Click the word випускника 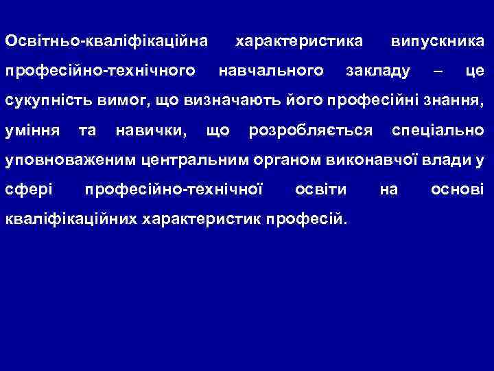436,41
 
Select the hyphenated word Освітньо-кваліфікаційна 106,41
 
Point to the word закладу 379,70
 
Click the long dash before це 438,70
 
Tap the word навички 152,130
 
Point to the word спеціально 436,130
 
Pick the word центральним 189,160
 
